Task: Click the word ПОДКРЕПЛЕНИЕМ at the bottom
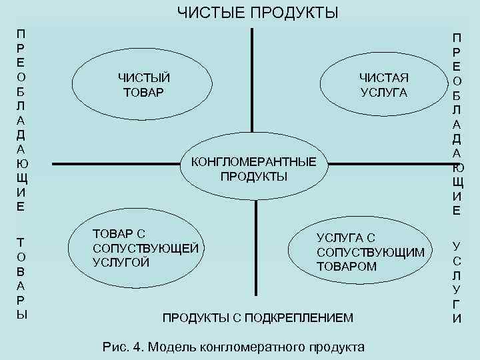tap(299, 317)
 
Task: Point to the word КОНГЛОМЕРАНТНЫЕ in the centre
tap(253, 162)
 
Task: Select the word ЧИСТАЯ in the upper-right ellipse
tap(384, 77)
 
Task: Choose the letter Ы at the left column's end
tap(21, 315)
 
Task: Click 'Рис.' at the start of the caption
tap(114, 347)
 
